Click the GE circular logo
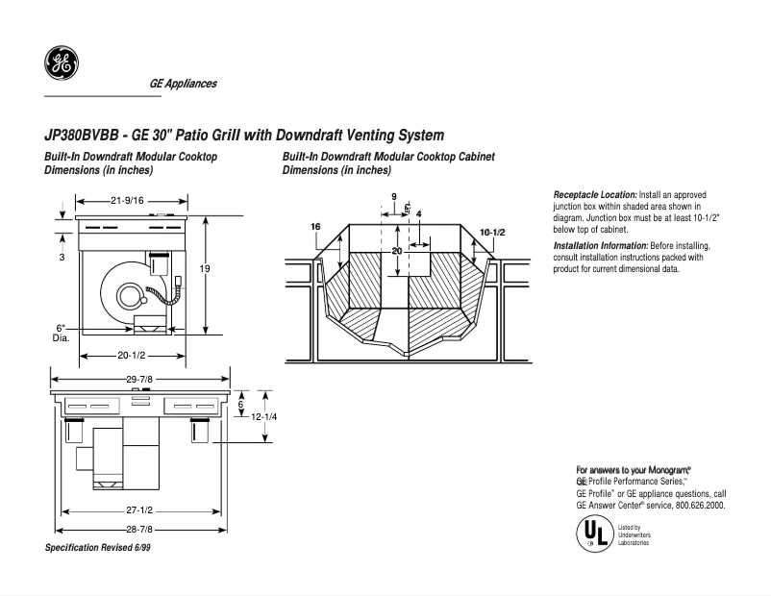point(62,63)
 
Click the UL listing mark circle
point(593,534)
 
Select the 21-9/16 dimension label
point(127,200)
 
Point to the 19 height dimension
point(205,269)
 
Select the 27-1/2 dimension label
point(139,509)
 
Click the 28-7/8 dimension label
point(139,529)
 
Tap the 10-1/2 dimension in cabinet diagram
point(492,234)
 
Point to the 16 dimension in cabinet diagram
point(315,226)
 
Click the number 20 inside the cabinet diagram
point(396,250)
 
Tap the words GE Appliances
point(183,84)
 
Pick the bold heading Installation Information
point(601,246)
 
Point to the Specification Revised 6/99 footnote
point(98,547)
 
